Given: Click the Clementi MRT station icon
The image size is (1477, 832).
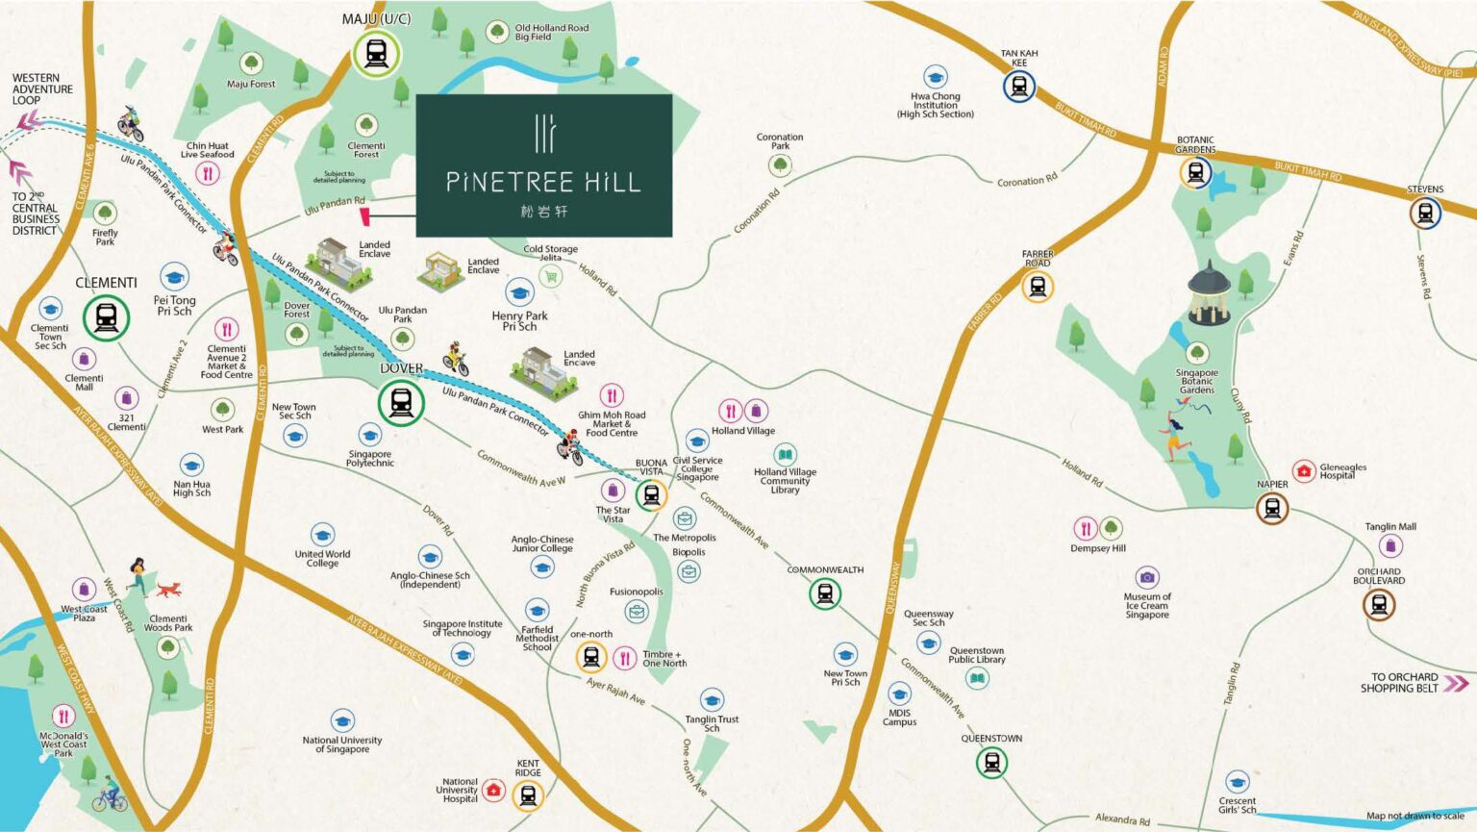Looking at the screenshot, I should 106,316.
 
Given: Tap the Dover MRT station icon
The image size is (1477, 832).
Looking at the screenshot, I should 401,402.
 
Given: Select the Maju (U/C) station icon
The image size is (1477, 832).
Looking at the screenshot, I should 375,54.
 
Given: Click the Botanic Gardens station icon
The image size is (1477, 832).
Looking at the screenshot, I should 1195,173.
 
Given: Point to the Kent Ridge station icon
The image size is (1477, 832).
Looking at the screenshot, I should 528,794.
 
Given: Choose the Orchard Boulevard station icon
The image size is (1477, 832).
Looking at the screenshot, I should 1379,604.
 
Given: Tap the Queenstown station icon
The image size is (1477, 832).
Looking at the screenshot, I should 991,763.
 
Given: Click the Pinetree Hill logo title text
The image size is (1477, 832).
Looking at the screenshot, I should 543,182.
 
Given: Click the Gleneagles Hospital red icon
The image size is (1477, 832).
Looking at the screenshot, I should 1303,470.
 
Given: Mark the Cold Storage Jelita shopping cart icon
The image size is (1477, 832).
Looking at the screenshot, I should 550,277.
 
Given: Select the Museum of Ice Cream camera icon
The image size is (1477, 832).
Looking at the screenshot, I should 1146,577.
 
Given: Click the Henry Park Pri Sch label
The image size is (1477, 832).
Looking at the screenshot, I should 519,321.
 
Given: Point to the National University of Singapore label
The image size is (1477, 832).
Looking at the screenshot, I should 342,744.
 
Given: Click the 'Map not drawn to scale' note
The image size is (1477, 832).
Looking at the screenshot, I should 1414,816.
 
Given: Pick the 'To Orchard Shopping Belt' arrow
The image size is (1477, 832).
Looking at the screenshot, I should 1457,684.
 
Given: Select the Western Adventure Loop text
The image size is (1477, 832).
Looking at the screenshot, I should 42,89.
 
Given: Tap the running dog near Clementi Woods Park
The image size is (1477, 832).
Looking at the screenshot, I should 168,589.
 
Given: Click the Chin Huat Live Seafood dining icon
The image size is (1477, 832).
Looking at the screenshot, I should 208,173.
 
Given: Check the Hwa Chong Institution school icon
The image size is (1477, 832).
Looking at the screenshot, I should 935,77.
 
